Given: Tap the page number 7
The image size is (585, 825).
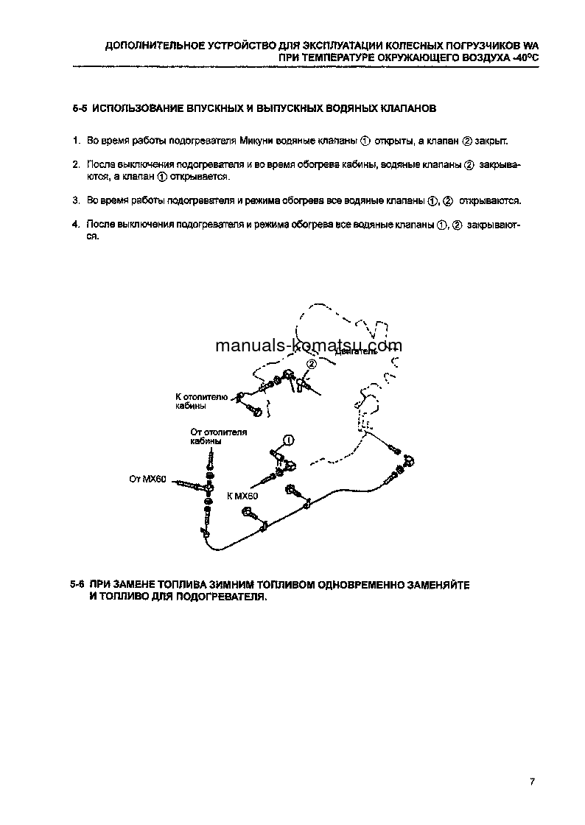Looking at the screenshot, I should [531, 782].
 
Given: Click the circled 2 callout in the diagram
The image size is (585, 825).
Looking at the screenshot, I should [311, 364].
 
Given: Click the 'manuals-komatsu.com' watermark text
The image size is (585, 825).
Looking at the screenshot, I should [298, 345].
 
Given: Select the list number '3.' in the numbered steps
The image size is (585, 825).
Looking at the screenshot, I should [76, 200].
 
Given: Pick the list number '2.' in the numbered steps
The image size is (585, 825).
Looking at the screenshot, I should [76, 165].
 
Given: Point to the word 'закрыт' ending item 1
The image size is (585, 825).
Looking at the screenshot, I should [491, 140].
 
